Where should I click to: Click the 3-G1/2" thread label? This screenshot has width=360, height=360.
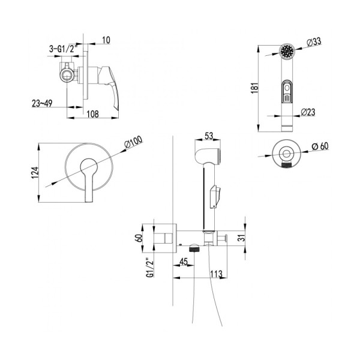tap(62, 49)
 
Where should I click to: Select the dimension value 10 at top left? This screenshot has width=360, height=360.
tap(106, 40)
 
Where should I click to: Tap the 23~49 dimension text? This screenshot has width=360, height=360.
tap(42, 103)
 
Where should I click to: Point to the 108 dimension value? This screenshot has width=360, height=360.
tap(93, 114)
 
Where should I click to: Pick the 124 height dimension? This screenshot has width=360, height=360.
tap(35, 173)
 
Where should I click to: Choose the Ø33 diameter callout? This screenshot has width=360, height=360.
tap(314, 42)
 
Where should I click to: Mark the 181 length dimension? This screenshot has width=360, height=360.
tap(254, 87)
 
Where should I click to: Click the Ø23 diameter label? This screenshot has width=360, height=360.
tap(308, 112)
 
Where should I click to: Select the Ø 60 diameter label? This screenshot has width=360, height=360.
tap(320, 146)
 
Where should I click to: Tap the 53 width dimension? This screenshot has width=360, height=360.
tap(209, 136)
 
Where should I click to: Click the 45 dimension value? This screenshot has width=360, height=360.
tap(184, 262)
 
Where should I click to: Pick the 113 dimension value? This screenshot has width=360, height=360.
tap(216, 274)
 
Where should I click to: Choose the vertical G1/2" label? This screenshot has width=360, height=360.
tap(149, 268)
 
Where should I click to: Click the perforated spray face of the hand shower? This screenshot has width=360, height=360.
tap(287, 51)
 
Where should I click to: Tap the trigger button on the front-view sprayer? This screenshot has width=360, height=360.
tap(287, 91)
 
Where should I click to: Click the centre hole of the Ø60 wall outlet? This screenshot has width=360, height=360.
tap(286, 154)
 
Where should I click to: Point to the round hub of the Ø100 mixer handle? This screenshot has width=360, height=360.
tap(89, 167)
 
